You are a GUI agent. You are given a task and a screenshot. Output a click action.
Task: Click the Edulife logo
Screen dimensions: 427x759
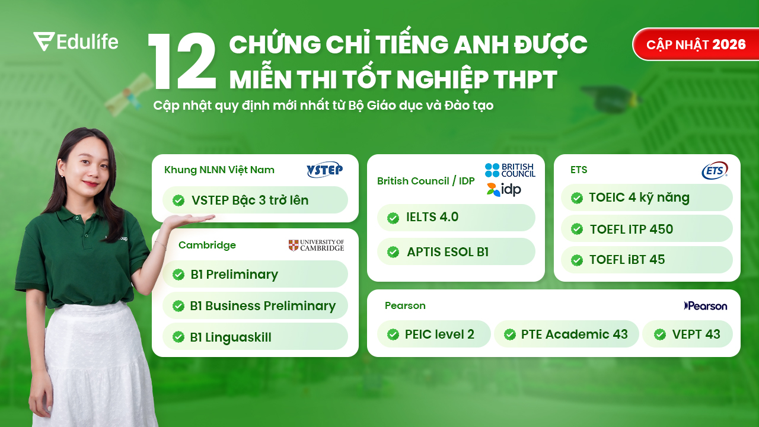[75, 42]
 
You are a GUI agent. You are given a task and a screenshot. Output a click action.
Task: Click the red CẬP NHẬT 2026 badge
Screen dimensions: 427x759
[696, 44]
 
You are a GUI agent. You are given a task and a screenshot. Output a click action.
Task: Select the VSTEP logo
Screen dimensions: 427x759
[324, 170]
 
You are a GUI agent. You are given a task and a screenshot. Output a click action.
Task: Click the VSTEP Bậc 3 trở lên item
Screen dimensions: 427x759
[255, 200]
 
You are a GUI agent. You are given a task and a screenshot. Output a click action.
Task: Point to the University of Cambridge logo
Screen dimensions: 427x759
[316, 245]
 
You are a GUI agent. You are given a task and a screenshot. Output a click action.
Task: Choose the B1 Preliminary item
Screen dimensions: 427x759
[255, 275]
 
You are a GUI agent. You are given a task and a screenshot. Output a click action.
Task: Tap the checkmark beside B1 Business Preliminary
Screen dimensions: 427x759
[178, 306]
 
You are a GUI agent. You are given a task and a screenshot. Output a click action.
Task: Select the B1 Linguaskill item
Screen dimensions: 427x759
[255, 337]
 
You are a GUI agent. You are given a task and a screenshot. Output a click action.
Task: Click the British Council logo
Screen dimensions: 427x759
[510, 170]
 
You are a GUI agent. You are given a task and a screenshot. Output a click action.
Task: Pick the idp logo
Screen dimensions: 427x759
[503, 190]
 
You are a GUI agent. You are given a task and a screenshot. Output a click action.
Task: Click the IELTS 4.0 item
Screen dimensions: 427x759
[455, 218]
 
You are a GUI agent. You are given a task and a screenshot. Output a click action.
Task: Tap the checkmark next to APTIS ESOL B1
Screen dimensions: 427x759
[393, 252]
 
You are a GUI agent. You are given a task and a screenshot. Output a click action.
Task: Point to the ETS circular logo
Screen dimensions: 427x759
[715, 171]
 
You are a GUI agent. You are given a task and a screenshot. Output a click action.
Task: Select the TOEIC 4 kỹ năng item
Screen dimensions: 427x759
[646, 197]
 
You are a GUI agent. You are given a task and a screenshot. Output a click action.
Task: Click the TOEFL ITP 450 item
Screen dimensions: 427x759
[646, 229]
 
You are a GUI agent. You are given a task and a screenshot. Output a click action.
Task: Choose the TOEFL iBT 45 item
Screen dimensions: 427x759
[646, 260]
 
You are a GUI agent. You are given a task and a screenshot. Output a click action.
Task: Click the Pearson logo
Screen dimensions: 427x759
[706, 306]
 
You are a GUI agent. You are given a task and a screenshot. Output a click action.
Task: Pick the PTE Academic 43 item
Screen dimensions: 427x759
[566, 334]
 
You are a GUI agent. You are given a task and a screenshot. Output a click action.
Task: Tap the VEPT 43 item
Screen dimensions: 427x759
[687, 334]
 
